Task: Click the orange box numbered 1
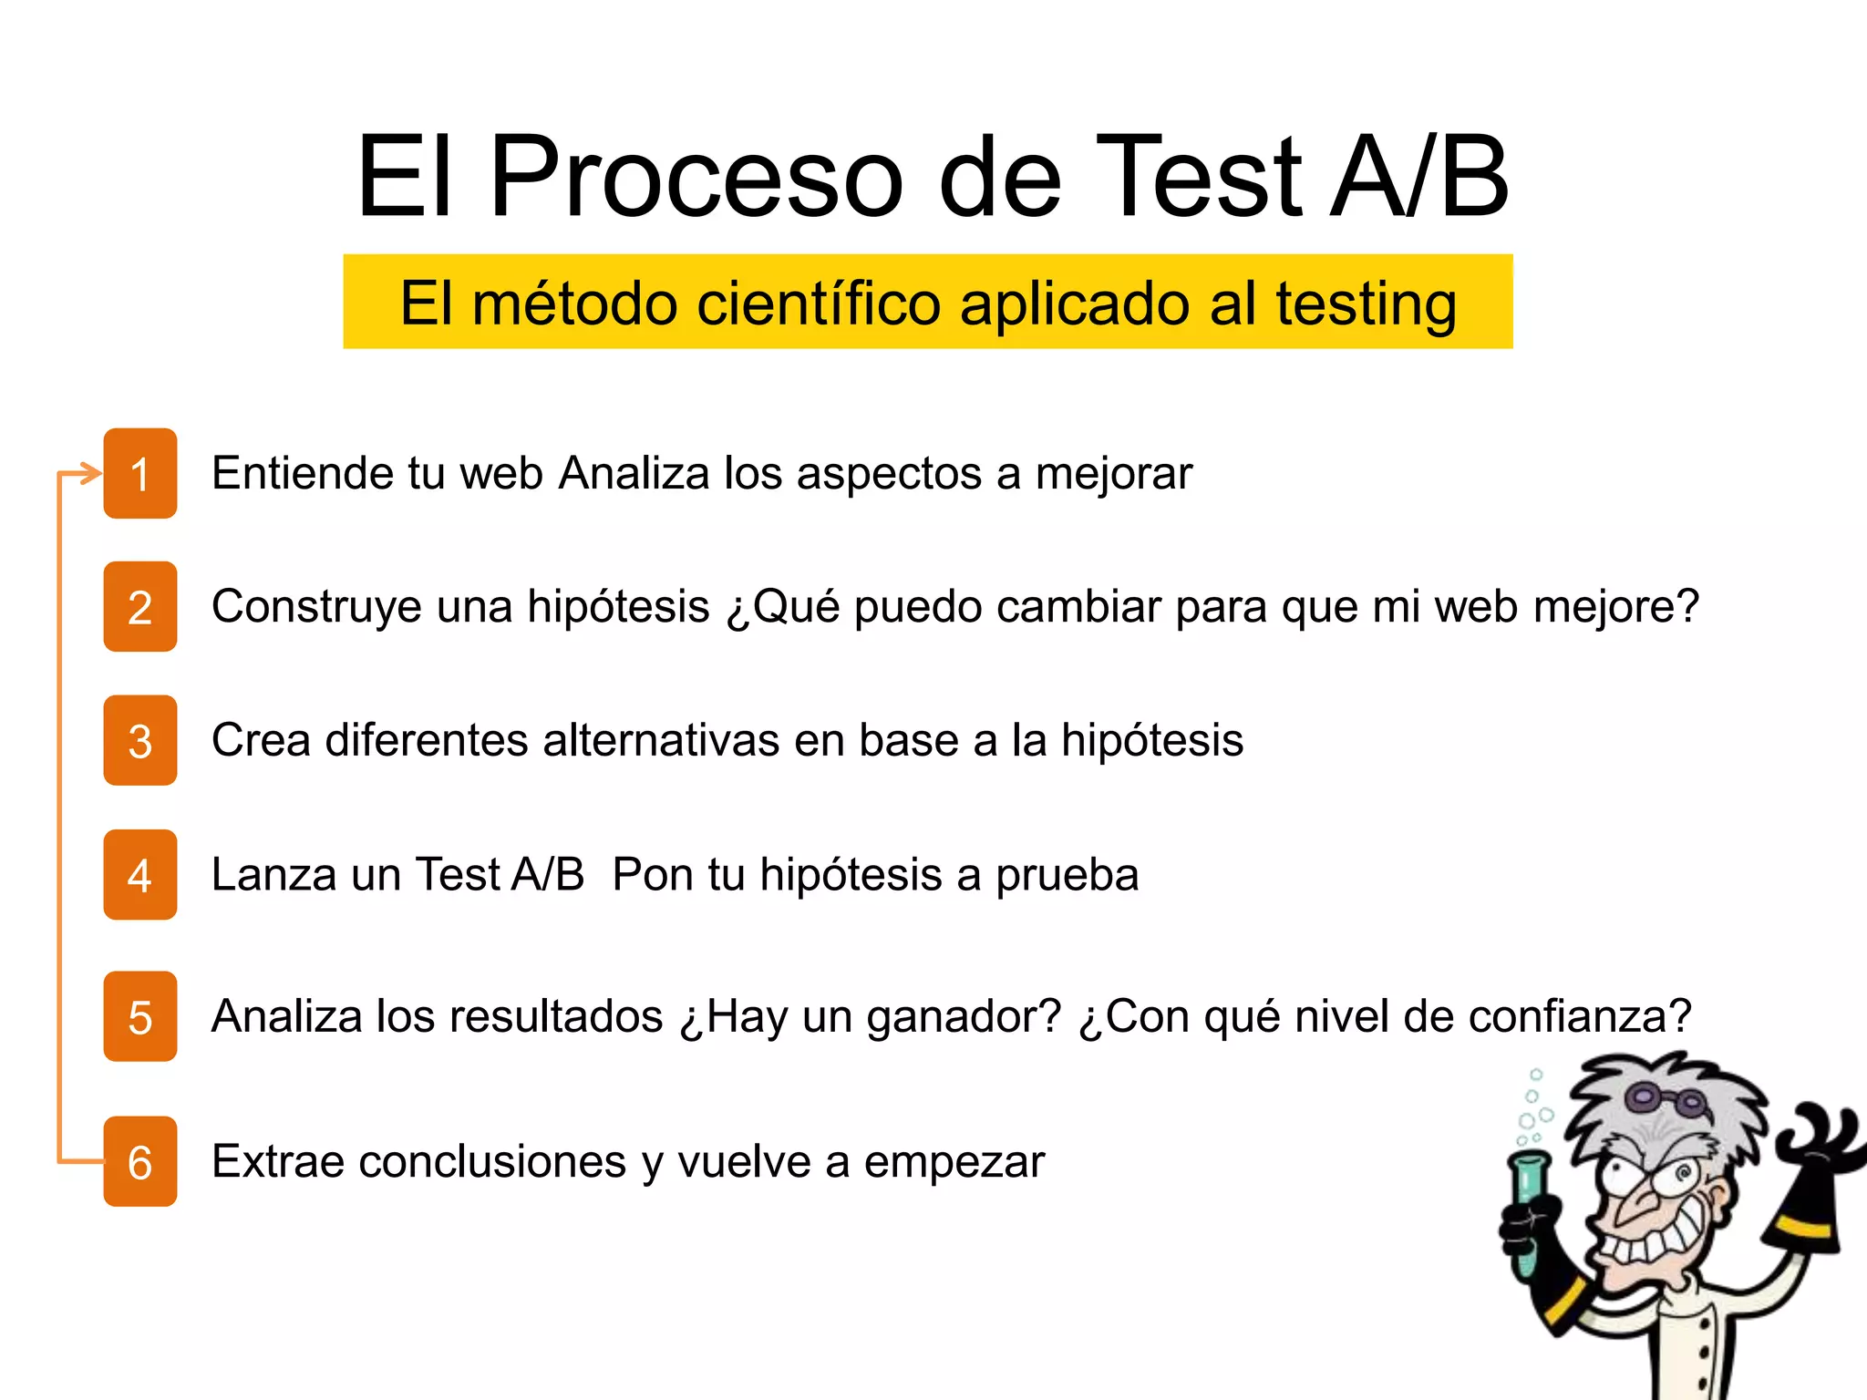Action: click(x=139, y=473)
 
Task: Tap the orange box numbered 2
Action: click(x=139, y=607)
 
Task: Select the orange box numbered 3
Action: click(x=139, y=740)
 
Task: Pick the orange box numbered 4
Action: click(x=139, y=875)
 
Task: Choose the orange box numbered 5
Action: click(x=139, y=1016)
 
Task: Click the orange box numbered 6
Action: click(x=139, y=1161)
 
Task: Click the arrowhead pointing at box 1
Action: click(x=91, y=474)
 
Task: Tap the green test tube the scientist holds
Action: click(x=1528, y=1203)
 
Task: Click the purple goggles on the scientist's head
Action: click(x=1664, y=1097)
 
